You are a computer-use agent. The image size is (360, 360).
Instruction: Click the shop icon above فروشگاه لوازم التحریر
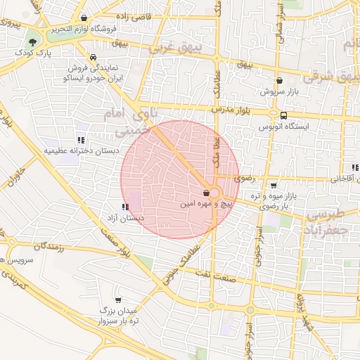coord(84,18)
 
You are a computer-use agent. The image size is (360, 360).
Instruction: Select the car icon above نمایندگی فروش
coord(94,58)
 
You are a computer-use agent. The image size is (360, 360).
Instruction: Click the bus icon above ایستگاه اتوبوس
coord(283,115)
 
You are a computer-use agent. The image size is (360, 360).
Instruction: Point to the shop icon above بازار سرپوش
coord(280,81)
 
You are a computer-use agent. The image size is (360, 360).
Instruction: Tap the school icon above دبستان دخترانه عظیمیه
coord(82,140)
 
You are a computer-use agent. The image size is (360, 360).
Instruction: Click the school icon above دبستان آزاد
coord(124,207)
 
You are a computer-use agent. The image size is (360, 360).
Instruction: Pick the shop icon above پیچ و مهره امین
coord(206,192)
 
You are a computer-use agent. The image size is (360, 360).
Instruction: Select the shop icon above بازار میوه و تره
coord(274,186)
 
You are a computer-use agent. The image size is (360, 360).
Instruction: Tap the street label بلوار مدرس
coord(231,110)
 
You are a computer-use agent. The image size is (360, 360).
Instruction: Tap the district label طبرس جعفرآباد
coord(324,222)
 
